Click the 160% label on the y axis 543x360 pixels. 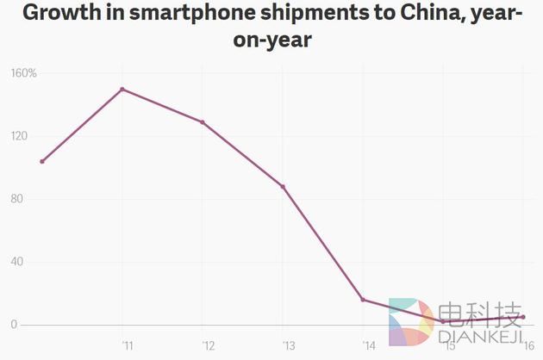(x=23, y=73)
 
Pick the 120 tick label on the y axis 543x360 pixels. (x=19, y=136)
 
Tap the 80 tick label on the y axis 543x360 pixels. (x=16, y=199)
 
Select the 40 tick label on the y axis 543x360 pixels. (x=16, y=262)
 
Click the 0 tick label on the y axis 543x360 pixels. (x=14, y=325)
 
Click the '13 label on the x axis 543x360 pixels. (x=287, y=346)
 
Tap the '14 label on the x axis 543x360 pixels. (x=368, y=346)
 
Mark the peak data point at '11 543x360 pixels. (x=122, y=89)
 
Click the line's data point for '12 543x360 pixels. (x=203, y=122)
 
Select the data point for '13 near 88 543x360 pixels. (x=283, y=186)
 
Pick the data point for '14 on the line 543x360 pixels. (x=363, y=300)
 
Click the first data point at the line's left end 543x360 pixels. (x=42, y=161)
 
